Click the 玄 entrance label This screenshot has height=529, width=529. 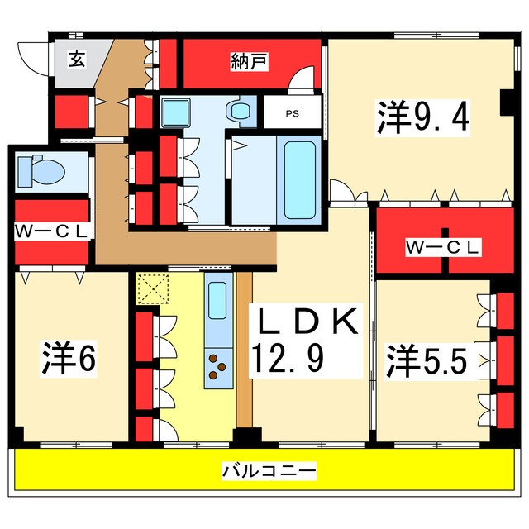tap(77, 60)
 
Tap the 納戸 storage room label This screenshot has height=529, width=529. tap(250, 61)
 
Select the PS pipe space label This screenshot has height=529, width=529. tap(293, 114)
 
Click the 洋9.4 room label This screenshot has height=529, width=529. tap(422, 117)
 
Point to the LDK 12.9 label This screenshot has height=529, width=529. tap(306, 341)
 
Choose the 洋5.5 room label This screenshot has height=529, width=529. tap(427, 362)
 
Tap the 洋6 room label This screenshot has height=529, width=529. tap(69, 359)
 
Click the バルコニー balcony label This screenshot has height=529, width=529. tap(269, 470)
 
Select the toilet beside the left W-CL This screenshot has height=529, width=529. tap(41, 171)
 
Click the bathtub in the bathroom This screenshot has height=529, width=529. tap(299, 180)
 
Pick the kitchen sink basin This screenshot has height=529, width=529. tap(217, 300)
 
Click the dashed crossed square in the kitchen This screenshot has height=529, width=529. tap(153, 288)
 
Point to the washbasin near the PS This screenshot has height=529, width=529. tap(239, 110)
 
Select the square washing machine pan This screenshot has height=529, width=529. tap(175, 112)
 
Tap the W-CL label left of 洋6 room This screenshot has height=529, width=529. tap(51, 231)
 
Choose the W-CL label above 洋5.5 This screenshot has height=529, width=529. tap(443, 248)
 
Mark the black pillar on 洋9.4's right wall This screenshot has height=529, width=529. tap(508, 102)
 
